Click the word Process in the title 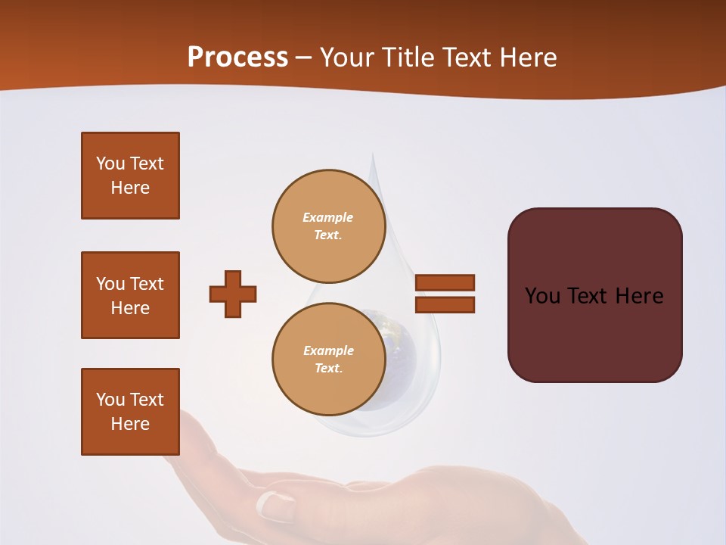237,58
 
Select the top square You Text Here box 130,176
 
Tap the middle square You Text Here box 130,295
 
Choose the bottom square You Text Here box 130,412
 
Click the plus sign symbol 233,294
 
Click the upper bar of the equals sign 445,282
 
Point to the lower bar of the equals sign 445,304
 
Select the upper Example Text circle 328,226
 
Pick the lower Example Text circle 328,359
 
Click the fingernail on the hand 273,505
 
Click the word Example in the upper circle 328,217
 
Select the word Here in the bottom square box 130,424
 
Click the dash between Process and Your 304,58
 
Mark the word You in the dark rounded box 542,296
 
